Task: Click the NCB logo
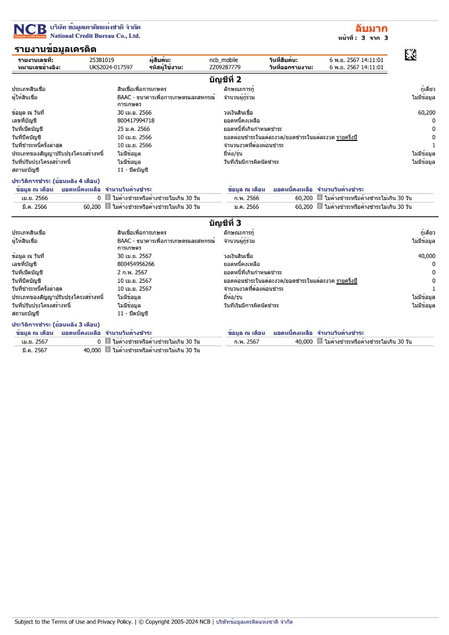click(x=30, y=30)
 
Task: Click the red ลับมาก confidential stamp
click(x=372, y=28)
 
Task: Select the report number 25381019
click(x=102, y=60)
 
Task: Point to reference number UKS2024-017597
click(x=111, y=67)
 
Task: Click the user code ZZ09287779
click(x=225, y=67)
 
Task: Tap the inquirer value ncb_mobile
click(x=224, y=60)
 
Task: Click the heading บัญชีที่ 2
click(x=225, y=79)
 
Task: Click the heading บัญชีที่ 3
click(x=225, y=223)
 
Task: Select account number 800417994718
click(x=135, y=121)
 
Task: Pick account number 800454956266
click(x=135, y=264)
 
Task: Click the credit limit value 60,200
click(x=427, y=113)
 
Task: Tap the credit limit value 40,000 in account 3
click(x=427, y=256)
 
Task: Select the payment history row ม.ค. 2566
click(x=246, y=207)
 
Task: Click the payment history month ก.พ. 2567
click(x=246, y=342)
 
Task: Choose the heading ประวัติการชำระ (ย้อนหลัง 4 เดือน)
click(x=56, y=181)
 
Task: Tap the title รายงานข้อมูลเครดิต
click(x=55, y=49)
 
